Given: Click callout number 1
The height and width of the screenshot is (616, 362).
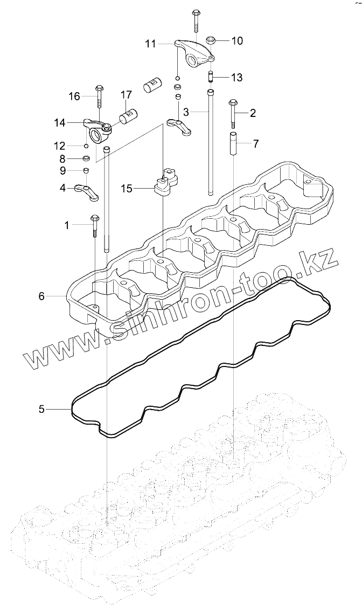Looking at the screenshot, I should pyautogui.click(x=67, y=225).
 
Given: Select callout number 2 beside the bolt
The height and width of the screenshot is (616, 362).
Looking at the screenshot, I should pyautogui.click(x=253, y=113).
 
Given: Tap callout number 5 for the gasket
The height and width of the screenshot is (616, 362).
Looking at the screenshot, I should pyautogui.click(x=41, y=409).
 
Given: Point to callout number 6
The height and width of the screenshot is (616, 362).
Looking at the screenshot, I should pyautogui.click(x=41, y=295).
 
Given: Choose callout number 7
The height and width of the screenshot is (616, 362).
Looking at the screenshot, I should pyautogui.click(x=255, y=143).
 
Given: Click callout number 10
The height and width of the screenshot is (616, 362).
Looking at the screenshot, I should pyautogui.click(x=237, y=40).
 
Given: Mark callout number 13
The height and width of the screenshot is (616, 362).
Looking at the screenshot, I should pyautogui.click(x=237, y=78).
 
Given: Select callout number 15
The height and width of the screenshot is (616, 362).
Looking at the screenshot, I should pyautogui.click(x=126, y=189).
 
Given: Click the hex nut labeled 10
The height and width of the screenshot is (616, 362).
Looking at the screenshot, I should pyautogui.click(x=212, y=40).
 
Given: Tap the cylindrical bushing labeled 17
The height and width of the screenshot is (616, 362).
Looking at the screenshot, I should pyautogui.click(x=130, y=114).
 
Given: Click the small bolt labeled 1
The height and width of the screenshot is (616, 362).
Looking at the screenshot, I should pyautogui.click(x=95, y=225).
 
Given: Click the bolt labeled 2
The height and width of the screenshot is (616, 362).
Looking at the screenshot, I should pyautogui.click(x=233, y=113).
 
